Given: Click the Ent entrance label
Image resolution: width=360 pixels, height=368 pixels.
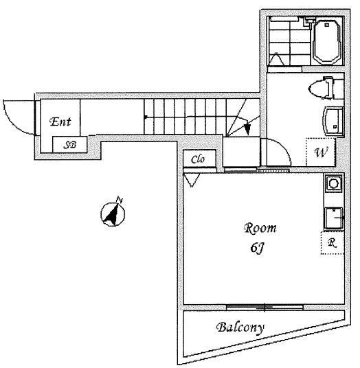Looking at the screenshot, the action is point(60,122).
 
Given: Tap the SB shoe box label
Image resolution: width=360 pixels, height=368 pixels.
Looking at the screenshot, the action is point(70,145).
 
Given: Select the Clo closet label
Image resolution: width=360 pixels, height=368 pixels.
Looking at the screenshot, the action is point(198,159).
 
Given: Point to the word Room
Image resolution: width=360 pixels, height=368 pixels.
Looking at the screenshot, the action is point(260,229).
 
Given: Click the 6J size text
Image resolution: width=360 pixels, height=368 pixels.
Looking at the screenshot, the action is point(258,248).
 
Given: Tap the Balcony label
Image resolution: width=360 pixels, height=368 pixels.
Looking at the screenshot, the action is point(240,327).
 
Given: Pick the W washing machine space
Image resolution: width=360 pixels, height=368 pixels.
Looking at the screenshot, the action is point(321,152).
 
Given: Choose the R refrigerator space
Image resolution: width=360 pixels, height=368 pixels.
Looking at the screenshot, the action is point(333,243).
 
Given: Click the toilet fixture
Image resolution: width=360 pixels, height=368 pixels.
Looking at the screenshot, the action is point(322,88).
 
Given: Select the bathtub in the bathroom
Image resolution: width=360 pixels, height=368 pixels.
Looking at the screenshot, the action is point(327,42).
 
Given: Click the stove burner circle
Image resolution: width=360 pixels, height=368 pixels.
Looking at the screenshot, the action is point(333,183).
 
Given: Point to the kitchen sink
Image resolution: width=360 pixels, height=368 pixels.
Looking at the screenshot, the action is point(333,218).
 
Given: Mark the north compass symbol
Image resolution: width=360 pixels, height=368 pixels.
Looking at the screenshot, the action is point(113,214).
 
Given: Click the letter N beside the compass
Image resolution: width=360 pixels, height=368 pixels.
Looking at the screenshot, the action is point(120,200).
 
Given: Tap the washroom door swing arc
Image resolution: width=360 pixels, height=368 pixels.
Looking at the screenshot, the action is point(284,146).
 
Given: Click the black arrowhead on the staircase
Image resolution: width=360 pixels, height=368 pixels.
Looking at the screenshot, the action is point(247,129).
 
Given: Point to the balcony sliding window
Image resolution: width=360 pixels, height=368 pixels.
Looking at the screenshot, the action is point(265,307).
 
